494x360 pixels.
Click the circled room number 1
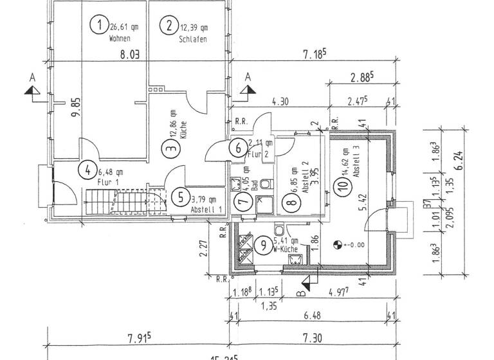(x=98, y=26)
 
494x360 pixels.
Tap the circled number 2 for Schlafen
(x=169, y=26)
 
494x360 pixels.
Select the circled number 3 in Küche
(x=170, y=148)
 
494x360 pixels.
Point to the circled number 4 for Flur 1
(x=86, y=170)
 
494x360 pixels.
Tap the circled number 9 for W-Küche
(x=263, y=244)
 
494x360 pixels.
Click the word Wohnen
(x=119, y=39)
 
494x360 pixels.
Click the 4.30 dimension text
(x=280, y=101)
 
